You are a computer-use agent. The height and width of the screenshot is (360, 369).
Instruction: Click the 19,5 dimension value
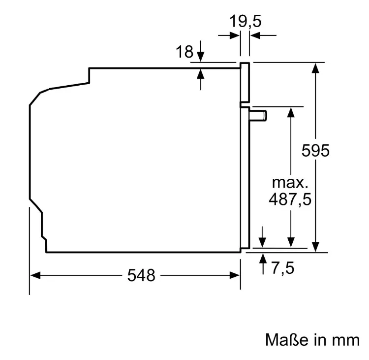(245, 21)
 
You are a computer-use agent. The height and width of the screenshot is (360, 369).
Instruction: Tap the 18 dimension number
(184, 51)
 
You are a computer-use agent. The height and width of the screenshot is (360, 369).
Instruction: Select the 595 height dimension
(315, 150)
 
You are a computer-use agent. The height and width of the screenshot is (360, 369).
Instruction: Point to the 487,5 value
(290, 199)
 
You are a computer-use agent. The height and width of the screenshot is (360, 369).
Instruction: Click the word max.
(290, 182)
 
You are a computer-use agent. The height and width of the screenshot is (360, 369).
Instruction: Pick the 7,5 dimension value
(282, 267)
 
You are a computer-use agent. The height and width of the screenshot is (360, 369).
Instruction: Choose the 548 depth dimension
(141, 275)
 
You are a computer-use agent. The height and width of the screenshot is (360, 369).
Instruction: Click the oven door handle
(258, 116)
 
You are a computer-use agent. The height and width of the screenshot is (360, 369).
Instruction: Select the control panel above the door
(245, 82)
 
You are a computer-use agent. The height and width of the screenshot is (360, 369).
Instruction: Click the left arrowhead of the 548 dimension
(35, 275)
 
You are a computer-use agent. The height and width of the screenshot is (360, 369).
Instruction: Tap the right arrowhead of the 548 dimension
(235, 275)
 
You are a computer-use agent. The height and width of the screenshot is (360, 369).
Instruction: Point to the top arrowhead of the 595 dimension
(315, 68)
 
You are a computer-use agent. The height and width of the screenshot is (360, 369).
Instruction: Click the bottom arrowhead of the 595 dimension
(315, 247)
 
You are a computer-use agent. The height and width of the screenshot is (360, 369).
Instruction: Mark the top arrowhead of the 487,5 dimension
(291, 112)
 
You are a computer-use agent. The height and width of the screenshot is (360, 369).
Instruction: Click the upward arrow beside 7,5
(263, 263)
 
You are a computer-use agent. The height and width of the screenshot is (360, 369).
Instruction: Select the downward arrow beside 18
(201, 51)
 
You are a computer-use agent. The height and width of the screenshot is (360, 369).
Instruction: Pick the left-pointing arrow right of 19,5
(263, 35)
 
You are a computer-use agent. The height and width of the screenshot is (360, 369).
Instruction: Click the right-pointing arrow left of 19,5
(229, 35)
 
